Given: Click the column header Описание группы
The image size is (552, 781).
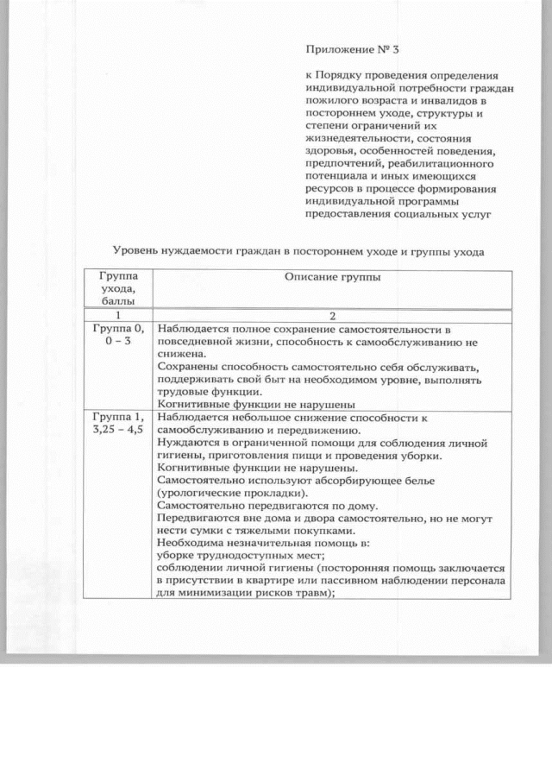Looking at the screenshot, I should [x=332, y=278].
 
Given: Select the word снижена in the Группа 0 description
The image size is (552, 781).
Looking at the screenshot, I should [x=182, y=354].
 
